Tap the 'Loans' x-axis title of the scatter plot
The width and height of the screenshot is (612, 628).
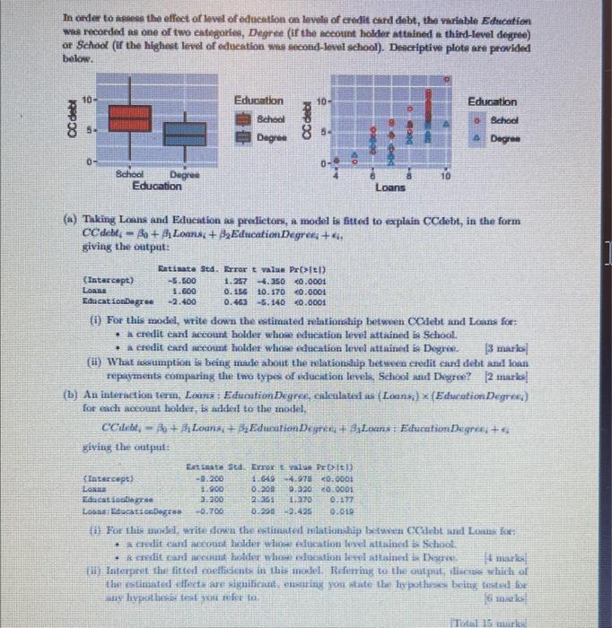click(x=389, y=188)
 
